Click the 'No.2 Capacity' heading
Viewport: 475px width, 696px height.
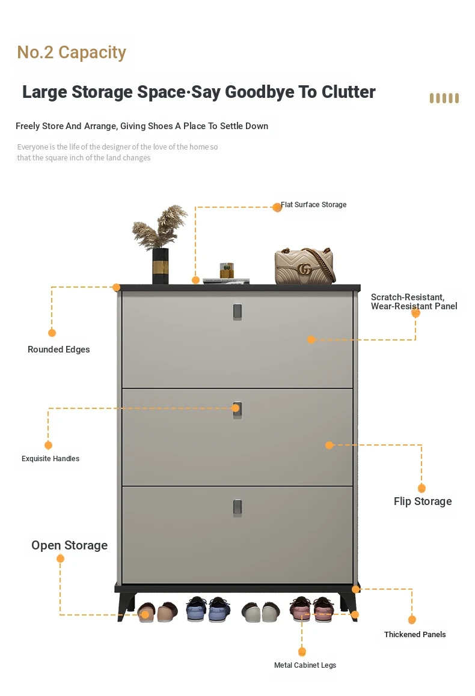point(72,53)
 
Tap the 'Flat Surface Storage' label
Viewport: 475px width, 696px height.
point(314,205)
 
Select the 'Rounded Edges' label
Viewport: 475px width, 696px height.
point(59,350)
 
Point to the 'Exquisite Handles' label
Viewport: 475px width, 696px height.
point(51,459)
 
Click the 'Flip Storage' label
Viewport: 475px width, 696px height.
point(423,501)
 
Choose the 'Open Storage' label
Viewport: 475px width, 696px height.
point(70,545)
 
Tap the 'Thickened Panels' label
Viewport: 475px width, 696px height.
point(415,634)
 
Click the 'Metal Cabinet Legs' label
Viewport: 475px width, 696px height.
point(305,665)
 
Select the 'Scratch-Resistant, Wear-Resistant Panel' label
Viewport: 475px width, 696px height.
point(414,301)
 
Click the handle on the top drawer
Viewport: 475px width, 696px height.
point(237,310)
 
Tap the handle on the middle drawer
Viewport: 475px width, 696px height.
point(237,409)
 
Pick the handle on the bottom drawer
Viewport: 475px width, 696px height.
point(237,507)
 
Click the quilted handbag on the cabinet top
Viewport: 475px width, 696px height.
point(304,265)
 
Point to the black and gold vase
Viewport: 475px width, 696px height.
point(161,265)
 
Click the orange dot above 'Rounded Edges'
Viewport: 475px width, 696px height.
point(52,333)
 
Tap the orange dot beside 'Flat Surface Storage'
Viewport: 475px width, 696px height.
point(277,207)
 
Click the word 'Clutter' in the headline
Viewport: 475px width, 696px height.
point(348,92)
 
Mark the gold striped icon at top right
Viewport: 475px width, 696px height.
point(444,98)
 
